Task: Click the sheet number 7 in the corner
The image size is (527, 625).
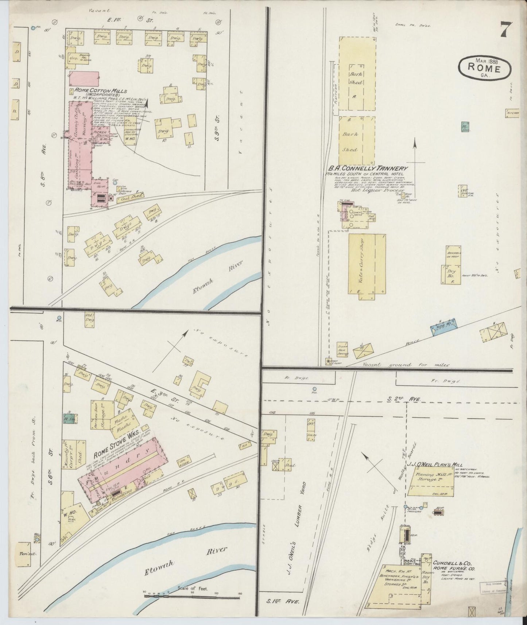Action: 506,30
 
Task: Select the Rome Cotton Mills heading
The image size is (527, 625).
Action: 101,91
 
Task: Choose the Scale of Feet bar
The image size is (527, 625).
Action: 192,596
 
